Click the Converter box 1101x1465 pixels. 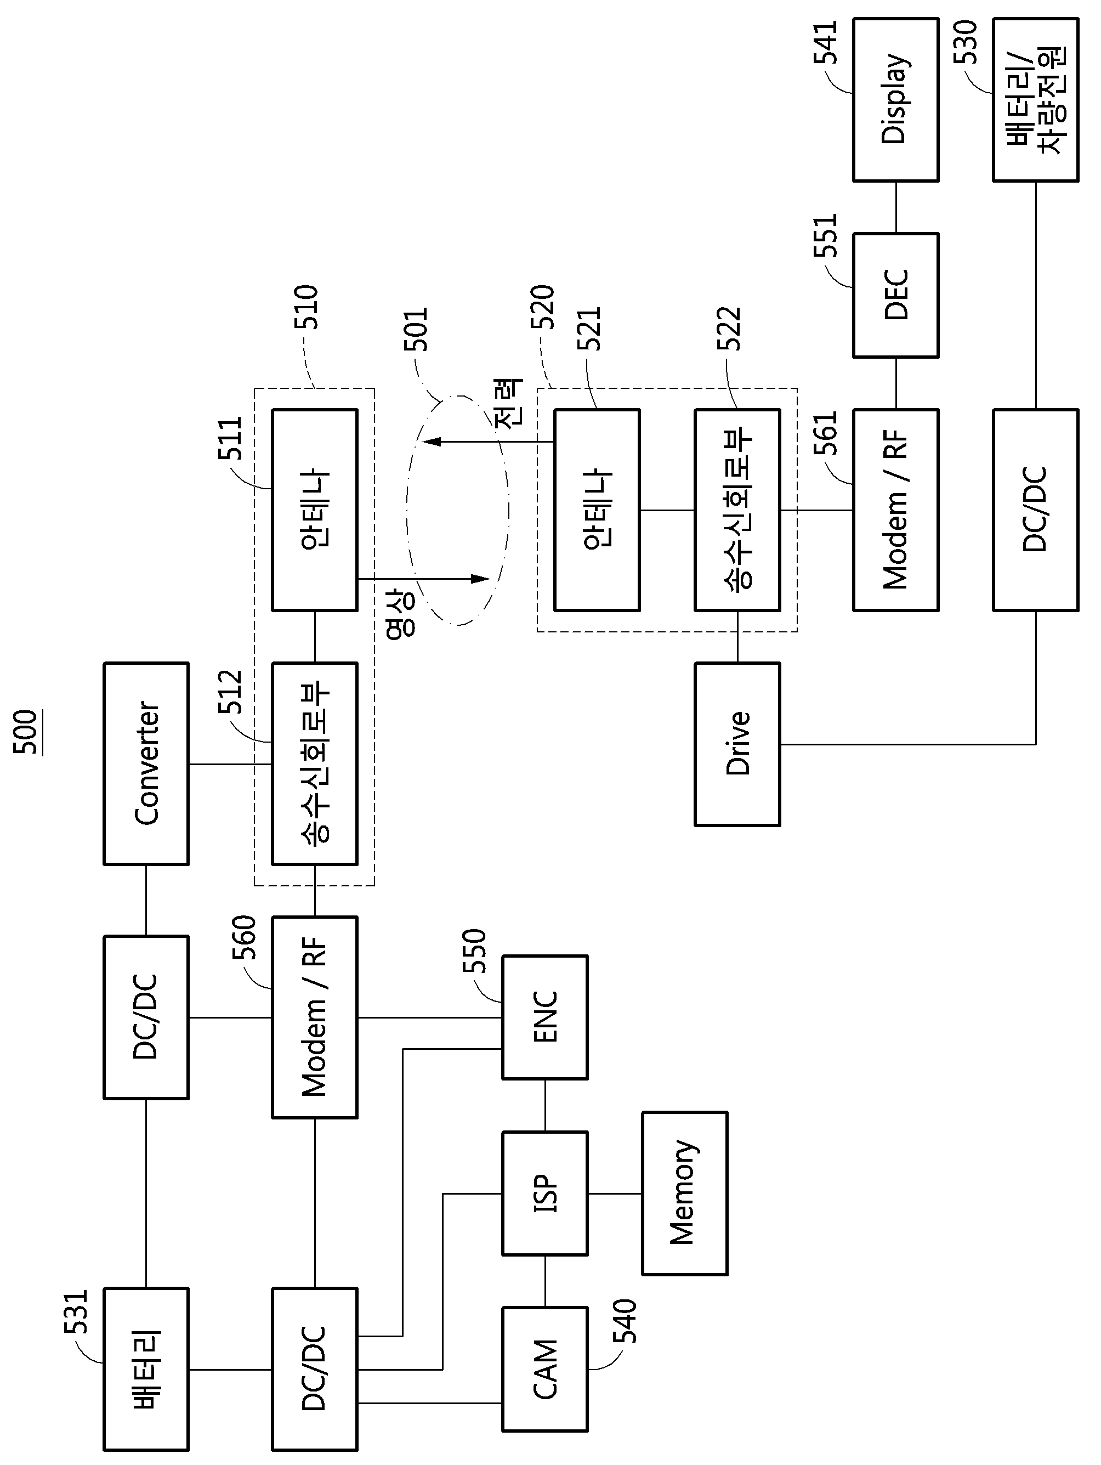[146, 763]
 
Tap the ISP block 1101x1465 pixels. [545, 1194]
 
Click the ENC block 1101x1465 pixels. [545, 1017]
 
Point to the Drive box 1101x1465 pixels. [737, 744]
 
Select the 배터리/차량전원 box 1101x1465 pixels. [1035, 99]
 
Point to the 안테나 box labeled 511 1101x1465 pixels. [315, 510]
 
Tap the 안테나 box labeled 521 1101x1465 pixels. [597, 510]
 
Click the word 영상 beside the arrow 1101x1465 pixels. [401, 613]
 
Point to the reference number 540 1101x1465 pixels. [625, 1321]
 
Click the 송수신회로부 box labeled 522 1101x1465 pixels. [737, 510]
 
